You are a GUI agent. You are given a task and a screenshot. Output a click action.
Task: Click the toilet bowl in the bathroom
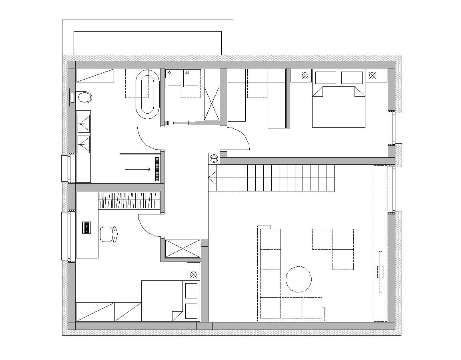pos(84,97)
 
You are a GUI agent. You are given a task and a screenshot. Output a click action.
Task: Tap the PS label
pos(170,72)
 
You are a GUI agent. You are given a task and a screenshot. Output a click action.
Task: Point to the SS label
pos(187,72)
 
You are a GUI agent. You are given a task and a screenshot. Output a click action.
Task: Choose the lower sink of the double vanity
pos(84,144)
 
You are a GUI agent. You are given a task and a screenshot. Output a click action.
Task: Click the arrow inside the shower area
pos(138,169)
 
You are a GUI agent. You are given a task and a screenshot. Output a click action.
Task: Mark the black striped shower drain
pos(157,169)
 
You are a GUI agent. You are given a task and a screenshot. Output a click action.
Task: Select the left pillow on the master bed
pos(326,78)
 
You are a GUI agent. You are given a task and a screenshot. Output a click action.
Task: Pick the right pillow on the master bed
pos(352,78)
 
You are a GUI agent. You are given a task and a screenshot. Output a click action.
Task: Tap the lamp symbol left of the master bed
pos(305,76)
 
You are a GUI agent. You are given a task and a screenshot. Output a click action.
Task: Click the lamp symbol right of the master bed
pos(373,76)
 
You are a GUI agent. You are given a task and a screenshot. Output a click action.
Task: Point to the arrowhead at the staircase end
pos(211,178)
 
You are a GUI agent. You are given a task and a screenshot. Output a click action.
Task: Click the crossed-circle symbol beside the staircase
pos(214,159)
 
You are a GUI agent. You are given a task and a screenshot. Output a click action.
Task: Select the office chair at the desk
pos(108,234)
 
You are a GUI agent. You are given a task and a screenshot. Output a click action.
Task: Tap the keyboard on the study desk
pos(86,228)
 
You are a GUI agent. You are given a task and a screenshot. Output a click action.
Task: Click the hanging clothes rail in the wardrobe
pos(129,201)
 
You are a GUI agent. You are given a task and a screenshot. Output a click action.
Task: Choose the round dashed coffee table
pos(299,279)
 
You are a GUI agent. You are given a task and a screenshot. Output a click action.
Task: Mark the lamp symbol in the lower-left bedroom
pos(193,274)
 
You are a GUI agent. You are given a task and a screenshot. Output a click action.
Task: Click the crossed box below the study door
pos(182,249)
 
